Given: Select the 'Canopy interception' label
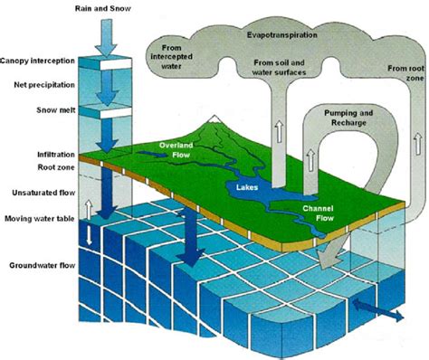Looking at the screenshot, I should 38,62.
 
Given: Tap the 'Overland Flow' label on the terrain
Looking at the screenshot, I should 177,148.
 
